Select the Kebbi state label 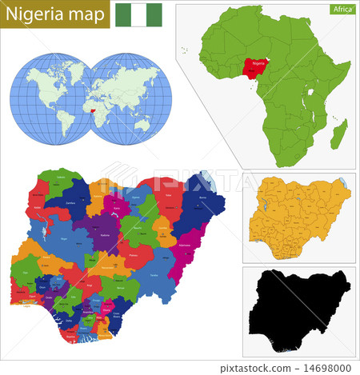38,205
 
